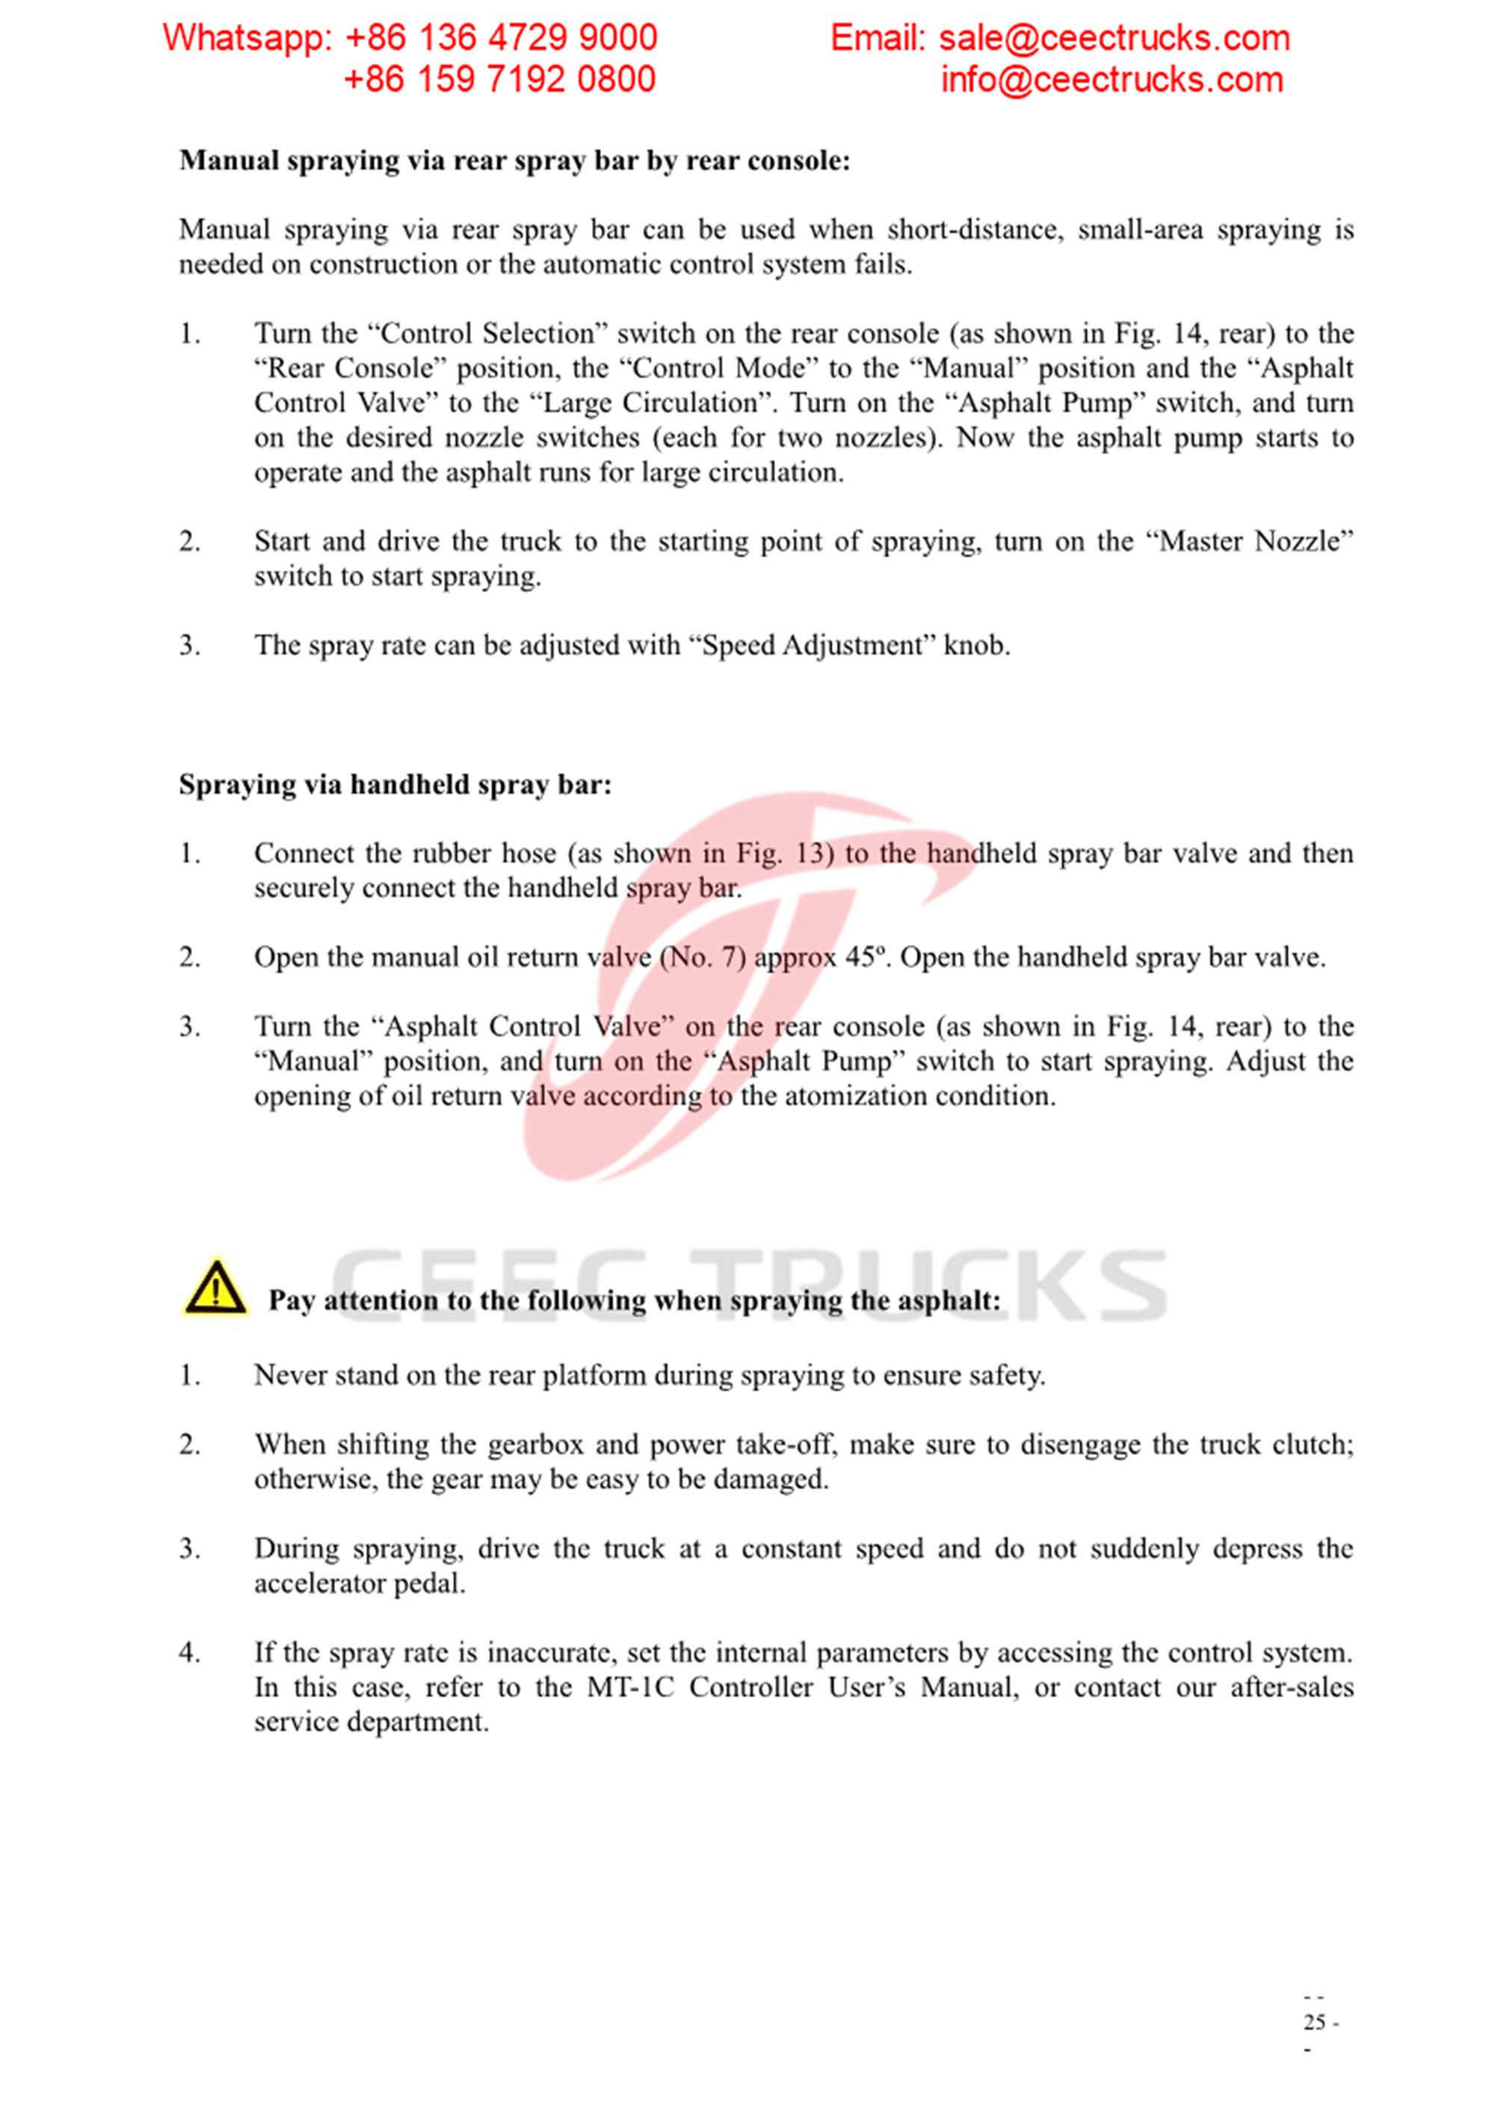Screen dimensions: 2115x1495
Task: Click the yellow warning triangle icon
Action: [214, 1286]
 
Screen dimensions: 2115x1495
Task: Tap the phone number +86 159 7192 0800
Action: [499, 79]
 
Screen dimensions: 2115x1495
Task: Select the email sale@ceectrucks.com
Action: [1114, 38]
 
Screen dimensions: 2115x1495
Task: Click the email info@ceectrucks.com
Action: [1111, 80]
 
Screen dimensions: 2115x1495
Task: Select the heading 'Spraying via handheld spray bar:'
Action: [395, 785]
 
